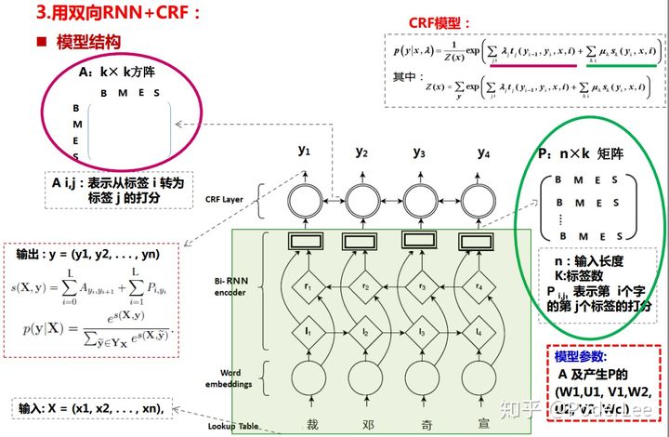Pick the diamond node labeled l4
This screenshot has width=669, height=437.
pyautogui.click(x=479, y=331)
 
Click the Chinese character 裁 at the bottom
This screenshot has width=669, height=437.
pyautogui.click(x=303, y=423)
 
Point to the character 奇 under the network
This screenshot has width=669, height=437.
pyautogui.click(x=420, y=423)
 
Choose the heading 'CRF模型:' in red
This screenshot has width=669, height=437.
pyautogui.click(x=440, y=22)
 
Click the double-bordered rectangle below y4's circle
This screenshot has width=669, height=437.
pyautogui.click(x=479, y=241)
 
